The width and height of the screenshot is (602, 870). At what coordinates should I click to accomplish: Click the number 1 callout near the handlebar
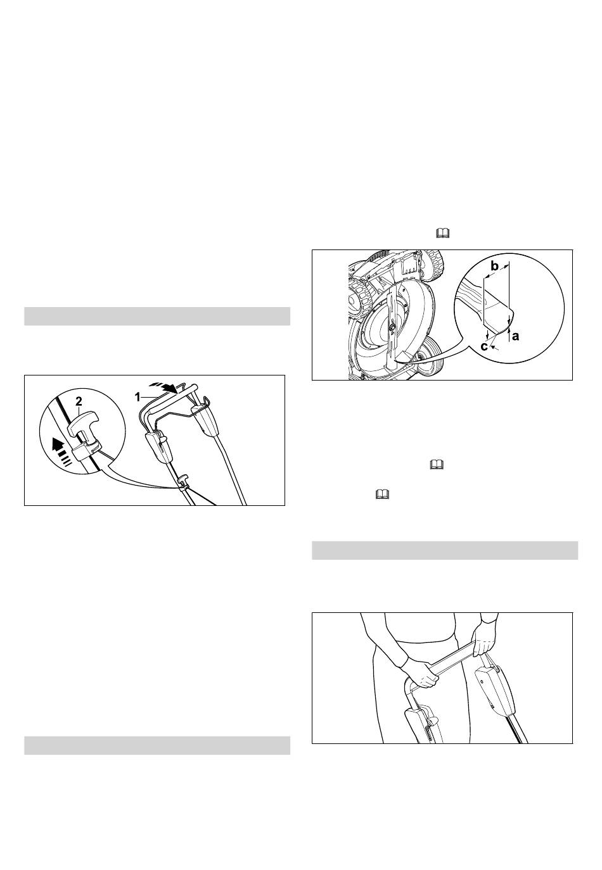tap(137, 397)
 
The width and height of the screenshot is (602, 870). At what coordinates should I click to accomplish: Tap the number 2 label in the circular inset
tap(79, 401)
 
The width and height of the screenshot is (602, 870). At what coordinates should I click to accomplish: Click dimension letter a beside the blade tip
tap(515, 336)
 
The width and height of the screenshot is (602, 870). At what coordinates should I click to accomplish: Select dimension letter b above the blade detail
tap(494, 267)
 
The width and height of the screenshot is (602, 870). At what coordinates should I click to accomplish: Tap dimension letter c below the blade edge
tap(484, 346)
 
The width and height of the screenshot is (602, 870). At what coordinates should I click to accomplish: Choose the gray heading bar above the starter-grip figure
tap(157, 316)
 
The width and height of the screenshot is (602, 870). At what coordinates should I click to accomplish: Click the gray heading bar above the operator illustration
tap(445, 550)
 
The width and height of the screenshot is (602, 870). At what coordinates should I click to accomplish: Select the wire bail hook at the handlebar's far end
tap(205, 402)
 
